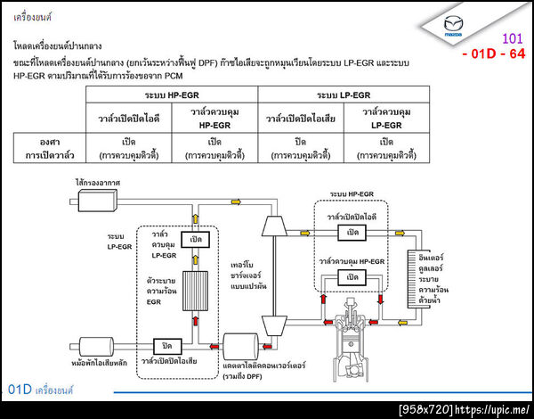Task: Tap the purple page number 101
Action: click(513, 38)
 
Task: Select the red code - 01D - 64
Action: click(494, 54)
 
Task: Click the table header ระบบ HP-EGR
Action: click(172, 94)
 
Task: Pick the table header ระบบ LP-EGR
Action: click(344, 94)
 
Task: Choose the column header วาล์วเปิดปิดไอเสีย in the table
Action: click(300, 118)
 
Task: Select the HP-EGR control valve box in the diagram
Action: click(354, 277)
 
